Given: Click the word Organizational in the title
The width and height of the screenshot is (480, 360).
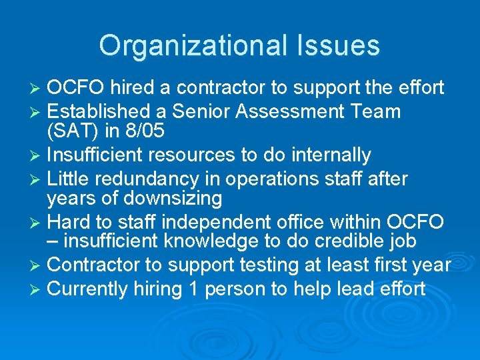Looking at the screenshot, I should click(189, 45).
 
